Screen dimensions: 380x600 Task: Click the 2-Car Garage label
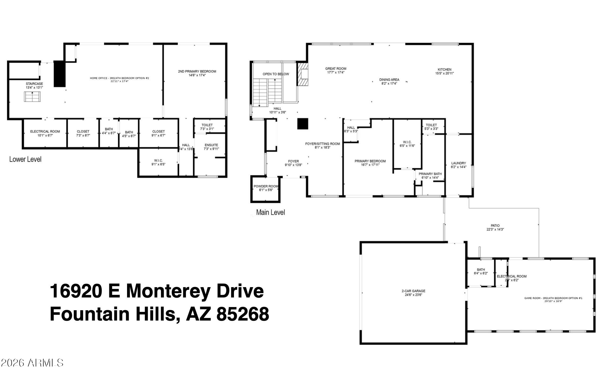(x=413, y=291)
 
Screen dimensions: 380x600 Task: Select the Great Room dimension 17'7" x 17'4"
(x=336, y=72)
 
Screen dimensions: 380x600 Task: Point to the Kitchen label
(x=444, y=70)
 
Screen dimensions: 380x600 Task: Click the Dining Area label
(x=389, y=80)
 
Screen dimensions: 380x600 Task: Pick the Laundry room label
(x=458, y=163)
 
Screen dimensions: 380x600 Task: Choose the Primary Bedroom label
(x=370, y=161)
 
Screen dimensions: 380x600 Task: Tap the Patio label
(x=495, y=226)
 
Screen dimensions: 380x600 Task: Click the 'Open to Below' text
(x=276, y=74)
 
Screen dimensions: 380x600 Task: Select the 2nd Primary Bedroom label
(x=197, y=71)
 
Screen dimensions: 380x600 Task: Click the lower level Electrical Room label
(x=45, y=131)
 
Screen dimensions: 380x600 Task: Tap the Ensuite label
(x=211, y=145)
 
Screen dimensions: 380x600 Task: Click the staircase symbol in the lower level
(x=32, y=97)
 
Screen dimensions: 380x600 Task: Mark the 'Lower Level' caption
(x=25, y=159)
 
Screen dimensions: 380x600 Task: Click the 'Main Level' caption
(x=270, y=212)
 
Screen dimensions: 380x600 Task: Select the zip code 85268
(x=242, y=314)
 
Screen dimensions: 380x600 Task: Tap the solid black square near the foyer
(x=302, y=124)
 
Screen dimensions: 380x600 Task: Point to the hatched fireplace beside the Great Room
(x=303, y=74)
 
